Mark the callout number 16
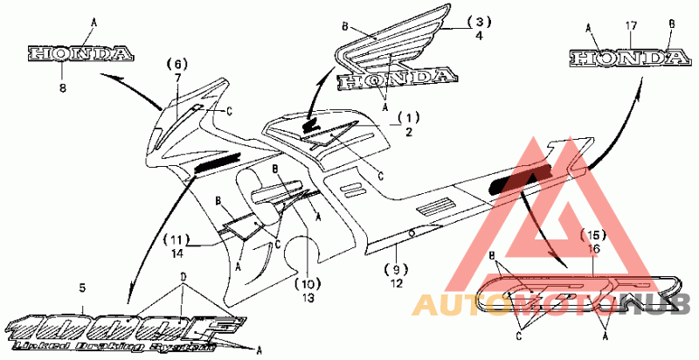coord(594,248)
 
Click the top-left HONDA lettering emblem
coord(80,54)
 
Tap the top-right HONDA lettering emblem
coord(626,59)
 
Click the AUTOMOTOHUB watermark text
coord(550,304)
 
